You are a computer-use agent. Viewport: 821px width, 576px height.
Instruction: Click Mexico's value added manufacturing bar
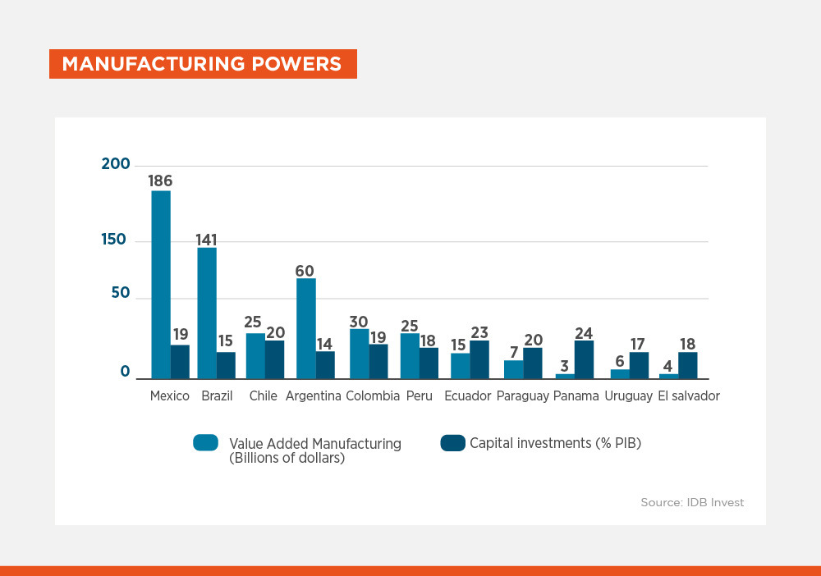(161, 284)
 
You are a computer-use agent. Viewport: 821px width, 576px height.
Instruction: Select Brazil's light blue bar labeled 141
(207, 313)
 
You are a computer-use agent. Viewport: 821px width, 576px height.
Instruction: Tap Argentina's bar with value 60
(306, 328)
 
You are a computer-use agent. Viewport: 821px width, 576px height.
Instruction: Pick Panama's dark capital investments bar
(584, 359)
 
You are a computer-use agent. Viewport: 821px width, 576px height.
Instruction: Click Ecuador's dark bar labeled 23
(479, 359)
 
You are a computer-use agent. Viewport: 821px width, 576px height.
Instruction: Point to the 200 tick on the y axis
(116, 164)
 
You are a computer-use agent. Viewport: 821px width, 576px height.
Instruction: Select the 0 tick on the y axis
(125, 373)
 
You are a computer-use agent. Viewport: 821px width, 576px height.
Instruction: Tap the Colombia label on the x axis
(373, 396)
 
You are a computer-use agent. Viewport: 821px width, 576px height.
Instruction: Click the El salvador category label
(689, 396)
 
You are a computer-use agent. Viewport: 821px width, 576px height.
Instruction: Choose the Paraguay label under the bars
(522, 396)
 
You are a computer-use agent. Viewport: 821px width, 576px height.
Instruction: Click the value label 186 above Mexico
(160, 181)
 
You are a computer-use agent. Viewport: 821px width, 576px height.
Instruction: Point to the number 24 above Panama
(584, 333)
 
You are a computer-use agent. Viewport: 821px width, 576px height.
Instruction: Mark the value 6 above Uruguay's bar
(620, 361)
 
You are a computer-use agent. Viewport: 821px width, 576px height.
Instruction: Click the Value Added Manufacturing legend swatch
(206, 443)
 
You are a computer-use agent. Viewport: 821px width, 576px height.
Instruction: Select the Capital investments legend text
(555, 443)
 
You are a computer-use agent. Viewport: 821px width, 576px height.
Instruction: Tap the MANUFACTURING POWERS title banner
(203, 64)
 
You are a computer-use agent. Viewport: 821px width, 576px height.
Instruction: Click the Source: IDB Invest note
(692, 502)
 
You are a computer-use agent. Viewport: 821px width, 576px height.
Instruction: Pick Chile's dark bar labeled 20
(275, 359)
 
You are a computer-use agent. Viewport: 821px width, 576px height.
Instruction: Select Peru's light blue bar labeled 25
(410, 356)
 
